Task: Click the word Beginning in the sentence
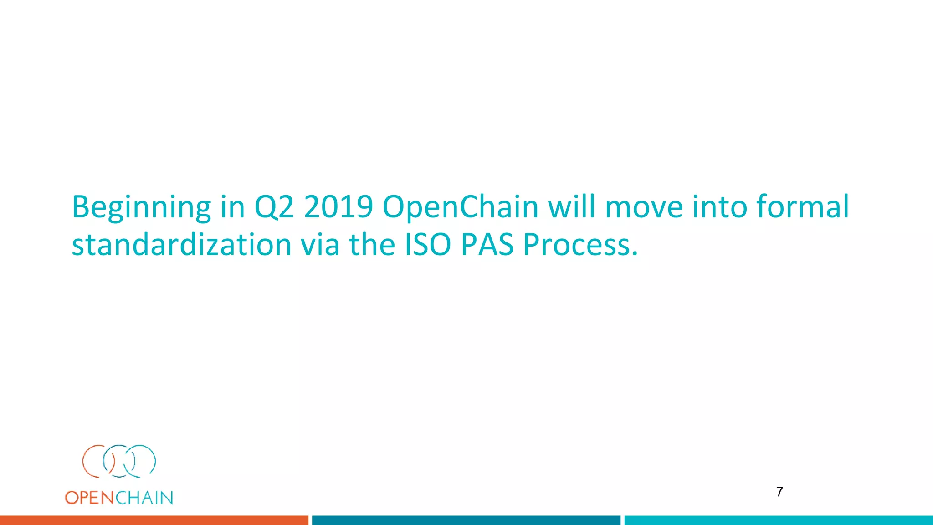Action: (141, 207)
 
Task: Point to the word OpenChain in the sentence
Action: (460, 207)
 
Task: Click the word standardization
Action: (181, 245)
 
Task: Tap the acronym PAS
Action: (487, 245)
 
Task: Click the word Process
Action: (580, 245)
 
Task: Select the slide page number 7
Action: (779, 492)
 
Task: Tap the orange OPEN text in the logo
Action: (89, 498)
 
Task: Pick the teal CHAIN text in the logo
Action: (144, 498)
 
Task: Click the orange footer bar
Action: (154, 520)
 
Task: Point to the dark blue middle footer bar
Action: (466, 520)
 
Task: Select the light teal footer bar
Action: (778, 520)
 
